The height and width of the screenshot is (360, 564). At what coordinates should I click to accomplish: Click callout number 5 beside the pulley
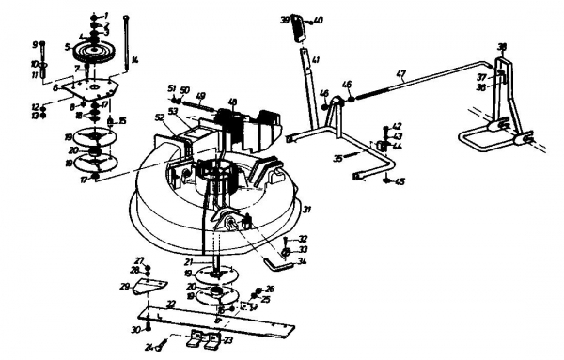68,46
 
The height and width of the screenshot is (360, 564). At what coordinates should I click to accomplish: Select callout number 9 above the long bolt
36,44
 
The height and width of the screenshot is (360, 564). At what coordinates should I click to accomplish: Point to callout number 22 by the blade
170,303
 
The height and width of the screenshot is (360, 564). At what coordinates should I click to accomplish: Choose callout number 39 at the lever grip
285,19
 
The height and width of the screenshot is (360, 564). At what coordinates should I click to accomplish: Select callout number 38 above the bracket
501,46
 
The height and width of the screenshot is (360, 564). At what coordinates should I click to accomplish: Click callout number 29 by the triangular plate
123,287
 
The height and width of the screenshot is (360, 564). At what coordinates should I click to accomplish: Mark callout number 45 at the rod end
400,181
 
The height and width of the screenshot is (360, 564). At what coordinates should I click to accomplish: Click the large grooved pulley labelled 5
90,51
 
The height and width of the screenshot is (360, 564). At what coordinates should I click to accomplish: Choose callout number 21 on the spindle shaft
189,261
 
